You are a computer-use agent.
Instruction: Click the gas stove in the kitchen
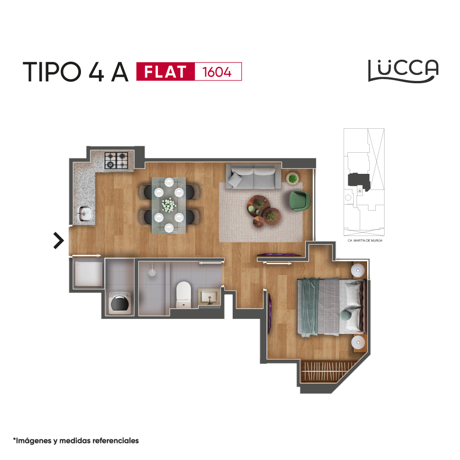point(116,161)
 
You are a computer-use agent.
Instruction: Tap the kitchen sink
point(85,214)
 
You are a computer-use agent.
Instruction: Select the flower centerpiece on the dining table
point(169,205)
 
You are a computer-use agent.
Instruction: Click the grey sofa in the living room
point(253,176)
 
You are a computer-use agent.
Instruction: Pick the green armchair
point(300,201)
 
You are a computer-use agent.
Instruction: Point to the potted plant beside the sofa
point(293,178)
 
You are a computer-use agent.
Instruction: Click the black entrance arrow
point(59,241)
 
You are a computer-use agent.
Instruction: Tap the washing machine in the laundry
point(120,303)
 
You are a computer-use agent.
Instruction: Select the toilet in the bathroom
point(184,294)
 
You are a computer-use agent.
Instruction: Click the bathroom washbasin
point(209,297)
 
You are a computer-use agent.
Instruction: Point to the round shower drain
point(152,272)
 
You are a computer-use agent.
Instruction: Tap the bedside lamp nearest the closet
point(358,342)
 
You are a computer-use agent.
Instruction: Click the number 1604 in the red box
point(217,72)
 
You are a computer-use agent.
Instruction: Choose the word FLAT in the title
point(166,72)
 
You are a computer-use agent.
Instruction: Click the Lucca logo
point(403,71)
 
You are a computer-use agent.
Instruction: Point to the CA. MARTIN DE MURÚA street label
point(365,240)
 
